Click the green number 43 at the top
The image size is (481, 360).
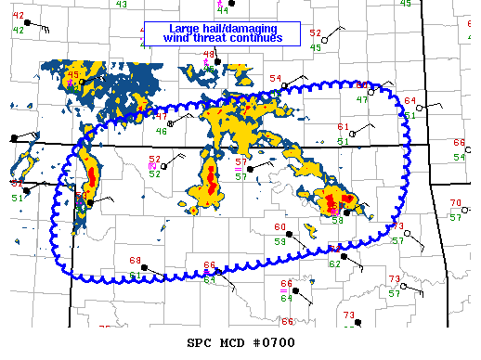(122, 5)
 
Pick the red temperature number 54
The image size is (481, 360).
(276, 78)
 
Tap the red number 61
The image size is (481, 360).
(343, 126)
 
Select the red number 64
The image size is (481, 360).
(409, 101)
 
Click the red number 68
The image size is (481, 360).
(135, 261)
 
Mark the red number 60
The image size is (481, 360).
(279, 227)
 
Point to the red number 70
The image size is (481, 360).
(455, 203)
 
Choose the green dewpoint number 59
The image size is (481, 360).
(279, 241)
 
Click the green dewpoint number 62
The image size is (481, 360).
(334, 264)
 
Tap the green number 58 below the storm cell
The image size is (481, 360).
(338, 221)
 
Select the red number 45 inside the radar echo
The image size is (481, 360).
(73, 74)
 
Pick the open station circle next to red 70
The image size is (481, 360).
(444, 210)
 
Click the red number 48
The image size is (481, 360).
(209, 55)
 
